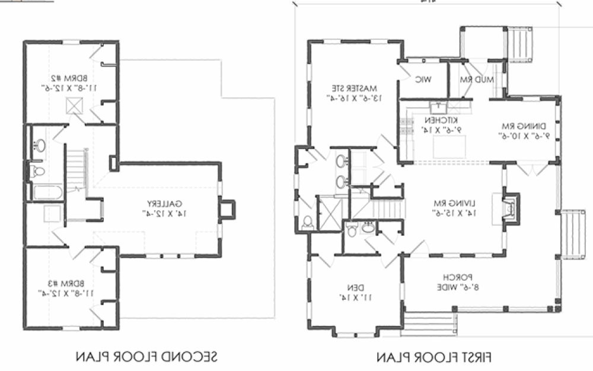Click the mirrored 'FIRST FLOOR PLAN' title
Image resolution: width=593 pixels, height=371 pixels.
pos(435,357)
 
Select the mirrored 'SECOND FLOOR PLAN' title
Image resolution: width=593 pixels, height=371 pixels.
pos(146,357)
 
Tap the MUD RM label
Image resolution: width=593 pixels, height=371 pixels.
pos(474,80)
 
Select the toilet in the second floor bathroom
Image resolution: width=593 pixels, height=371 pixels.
pos(37,172)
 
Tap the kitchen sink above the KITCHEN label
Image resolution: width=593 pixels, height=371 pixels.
pos(437,107)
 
